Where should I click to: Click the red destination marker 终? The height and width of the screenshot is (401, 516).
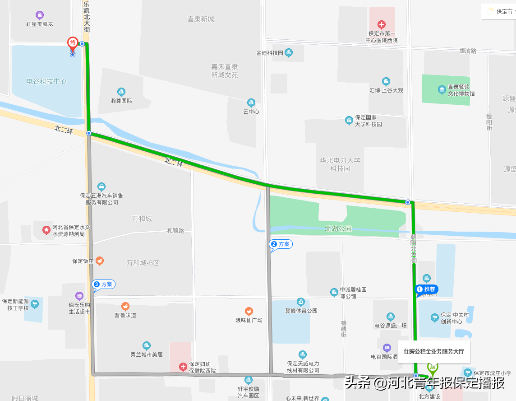coord(72,43)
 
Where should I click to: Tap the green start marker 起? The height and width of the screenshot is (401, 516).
coord(433,367)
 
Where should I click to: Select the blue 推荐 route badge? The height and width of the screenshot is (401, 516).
coord(426,289)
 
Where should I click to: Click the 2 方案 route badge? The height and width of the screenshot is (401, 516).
coord(281,244)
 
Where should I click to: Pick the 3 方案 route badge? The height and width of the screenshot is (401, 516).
coord(103,284)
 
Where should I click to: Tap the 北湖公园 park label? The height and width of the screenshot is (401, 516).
coord(338,229)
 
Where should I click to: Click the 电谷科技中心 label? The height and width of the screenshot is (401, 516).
coord(46,82)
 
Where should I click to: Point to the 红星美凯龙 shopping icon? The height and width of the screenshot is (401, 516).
coord(40,15)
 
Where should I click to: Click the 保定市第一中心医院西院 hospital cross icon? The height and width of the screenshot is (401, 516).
coord(382,24)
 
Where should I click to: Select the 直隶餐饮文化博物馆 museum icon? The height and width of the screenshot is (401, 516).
coord(442,89)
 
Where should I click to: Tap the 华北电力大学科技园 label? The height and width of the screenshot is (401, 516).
coord(340,164)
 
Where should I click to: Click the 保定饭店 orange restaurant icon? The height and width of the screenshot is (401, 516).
coord(100,261)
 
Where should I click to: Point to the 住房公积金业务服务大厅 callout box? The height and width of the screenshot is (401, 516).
coord(433,351)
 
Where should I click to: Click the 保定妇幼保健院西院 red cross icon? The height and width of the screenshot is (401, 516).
coord(183,366)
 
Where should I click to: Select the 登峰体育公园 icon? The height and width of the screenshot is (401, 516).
coord(301,302)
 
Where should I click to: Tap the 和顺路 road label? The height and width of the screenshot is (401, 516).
coord(175,231)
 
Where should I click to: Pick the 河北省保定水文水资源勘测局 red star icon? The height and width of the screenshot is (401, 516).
coord(46,230)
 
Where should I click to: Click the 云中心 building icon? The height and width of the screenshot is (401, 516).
coord(251,103)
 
